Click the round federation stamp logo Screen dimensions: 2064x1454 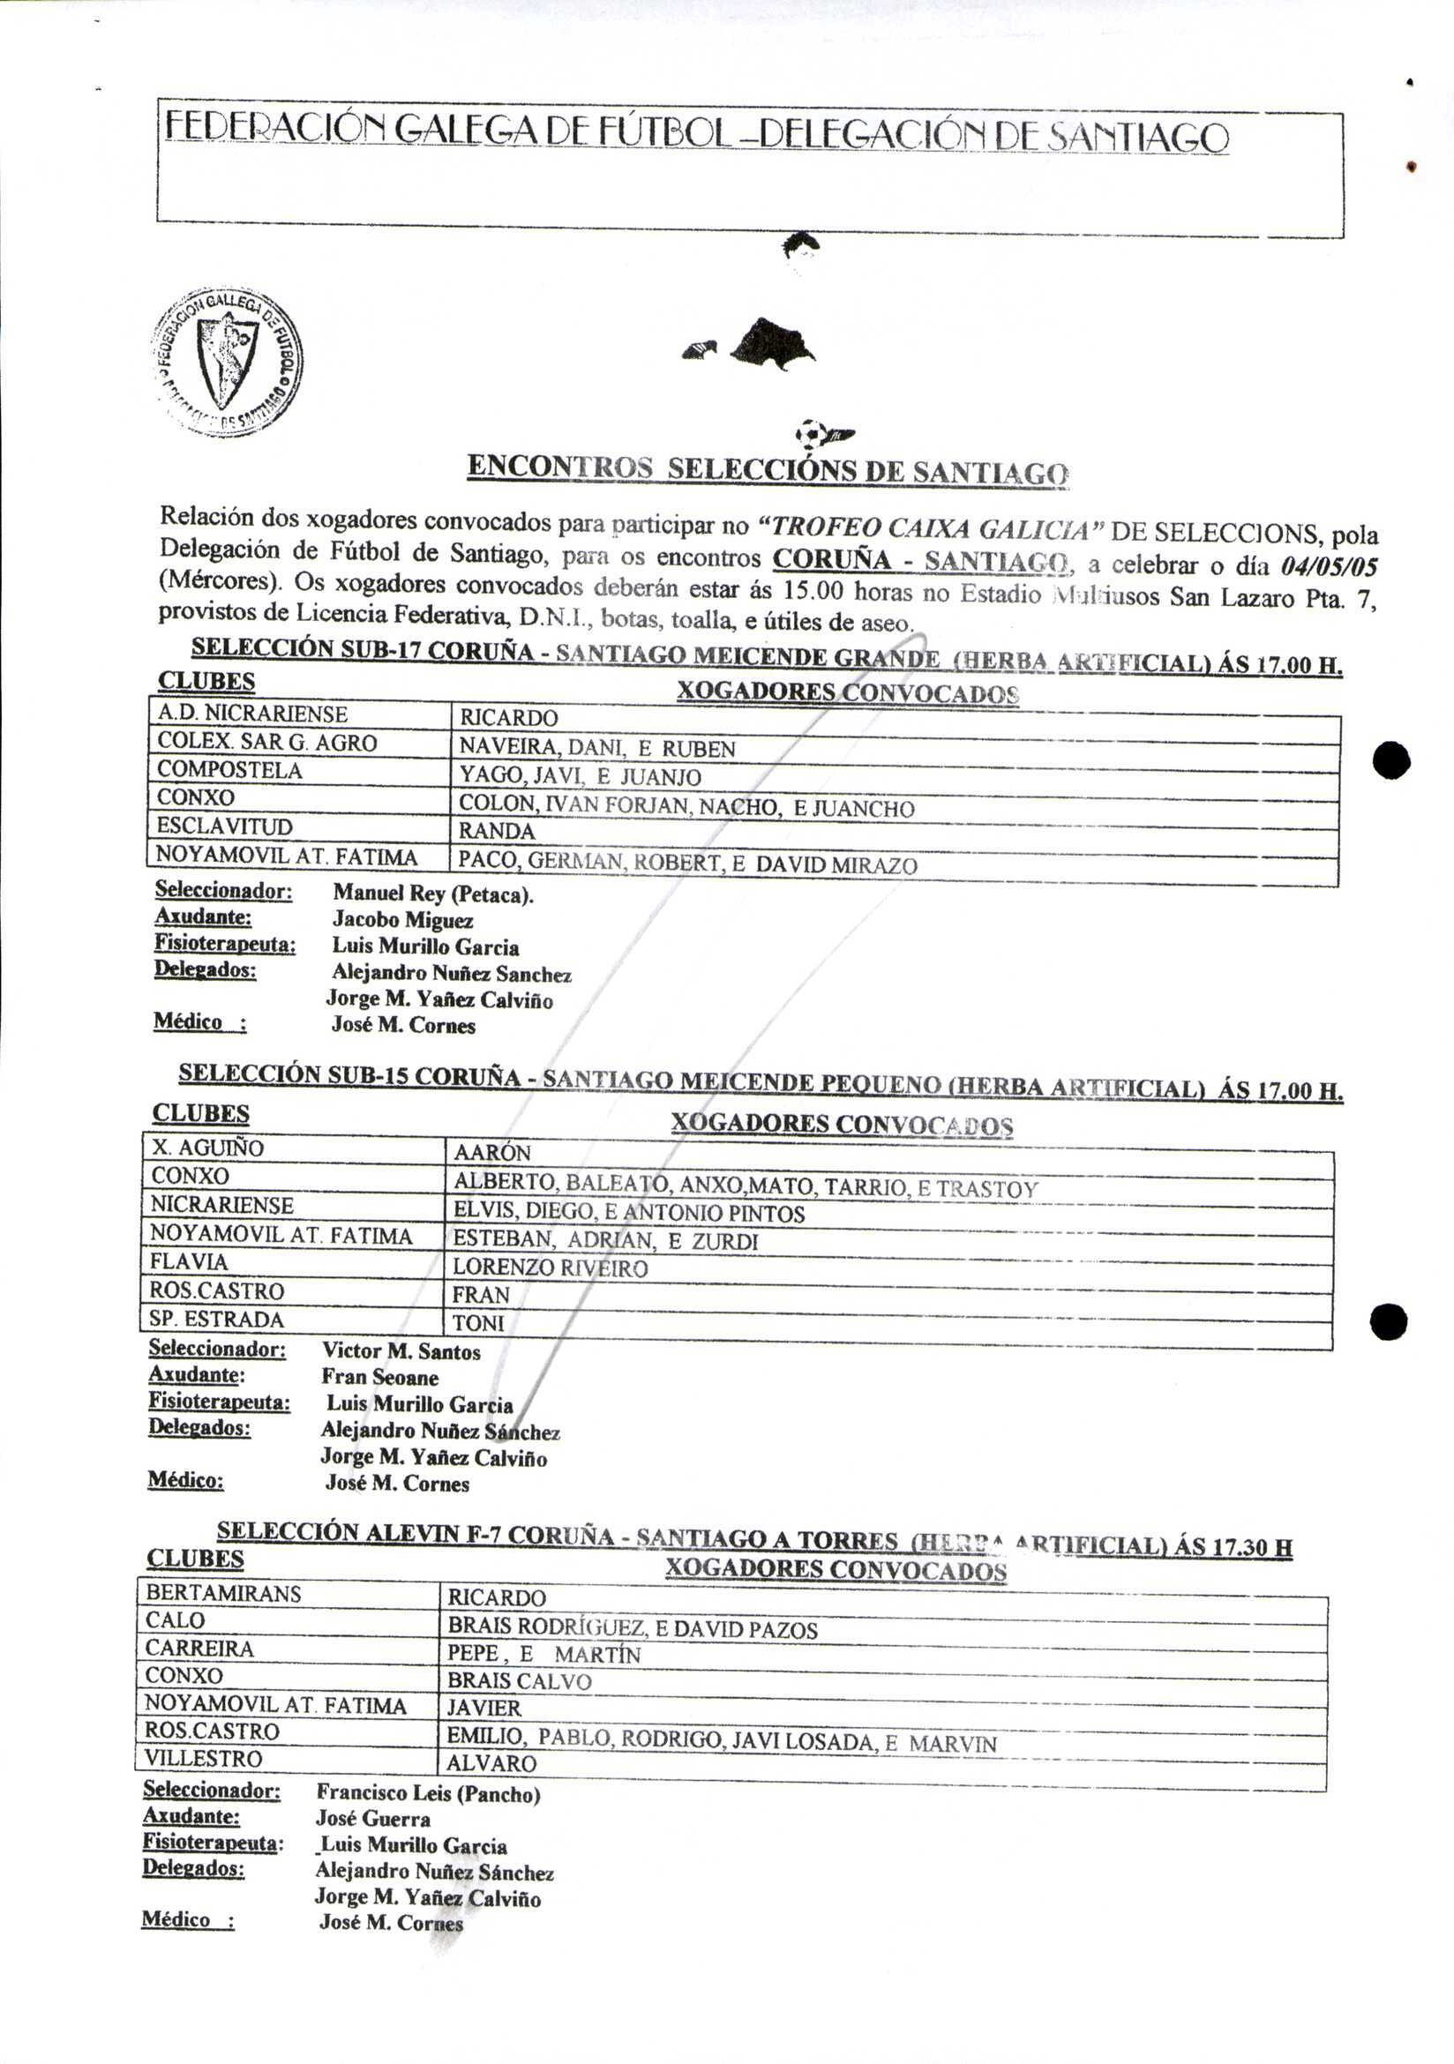pos(228,362)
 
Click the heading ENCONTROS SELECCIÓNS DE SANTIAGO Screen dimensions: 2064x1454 pos(768,469)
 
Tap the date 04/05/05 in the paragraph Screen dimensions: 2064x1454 pos(1328,566)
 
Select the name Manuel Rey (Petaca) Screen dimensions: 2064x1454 pos(432,894)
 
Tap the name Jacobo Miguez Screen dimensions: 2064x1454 pos(402,920)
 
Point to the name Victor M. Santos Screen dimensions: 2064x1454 pos(401,1351)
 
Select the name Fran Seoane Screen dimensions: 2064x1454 pos(379,1377)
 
